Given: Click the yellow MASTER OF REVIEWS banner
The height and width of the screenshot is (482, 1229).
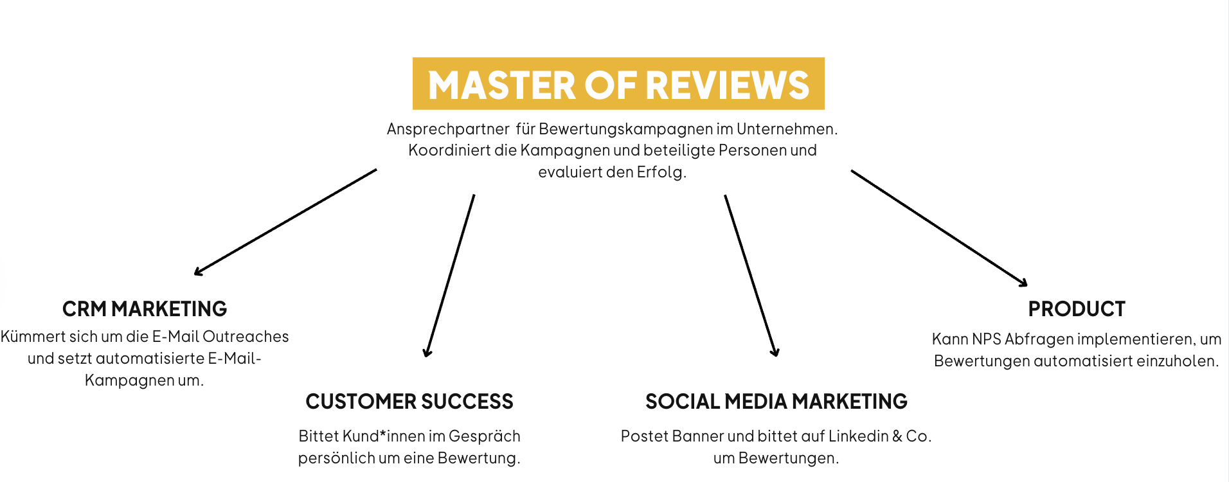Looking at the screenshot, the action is click(618, 84).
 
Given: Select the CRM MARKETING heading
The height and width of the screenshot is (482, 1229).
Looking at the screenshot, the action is click(145, 309).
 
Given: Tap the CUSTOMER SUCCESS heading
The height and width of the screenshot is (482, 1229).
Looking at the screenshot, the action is click(409, 402).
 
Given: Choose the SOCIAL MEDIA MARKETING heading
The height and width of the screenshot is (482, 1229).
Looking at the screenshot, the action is click(776, 402).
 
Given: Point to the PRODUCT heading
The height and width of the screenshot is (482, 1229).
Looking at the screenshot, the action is click(1077, 309).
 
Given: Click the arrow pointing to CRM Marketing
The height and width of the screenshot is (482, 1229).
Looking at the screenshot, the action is click(285, 222).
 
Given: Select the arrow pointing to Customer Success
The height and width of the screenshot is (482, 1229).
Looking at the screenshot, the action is click(449, 275).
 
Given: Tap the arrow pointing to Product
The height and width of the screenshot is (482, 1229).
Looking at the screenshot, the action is click(939, 228).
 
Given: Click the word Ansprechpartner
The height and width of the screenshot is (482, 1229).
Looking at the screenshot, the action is click(448, 129).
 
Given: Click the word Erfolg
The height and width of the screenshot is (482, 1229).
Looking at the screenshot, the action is click(661, 172).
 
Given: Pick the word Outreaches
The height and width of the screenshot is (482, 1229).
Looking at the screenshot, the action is click(246, 337).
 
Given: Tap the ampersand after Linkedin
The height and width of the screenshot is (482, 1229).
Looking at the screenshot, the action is click(897, 436).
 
